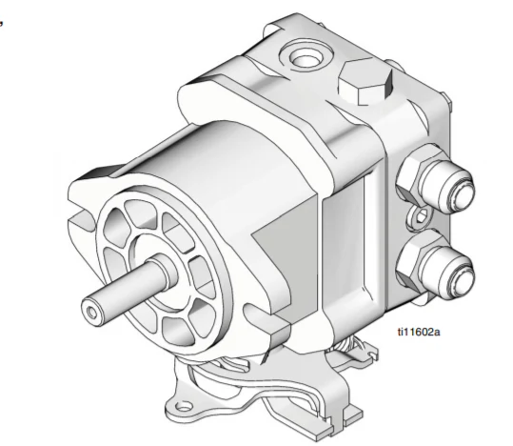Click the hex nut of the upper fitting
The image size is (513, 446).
click(x=415, y=179)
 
